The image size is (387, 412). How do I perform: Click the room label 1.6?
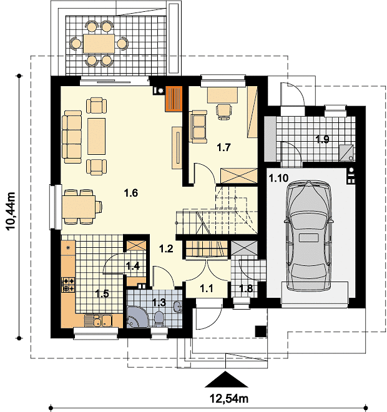click(131, 193)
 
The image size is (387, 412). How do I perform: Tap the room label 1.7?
click(223, 147)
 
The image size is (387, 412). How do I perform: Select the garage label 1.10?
click(278, 178)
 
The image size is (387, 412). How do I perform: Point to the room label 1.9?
click(322, 139)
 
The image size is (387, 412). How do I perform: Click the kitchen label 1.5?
click(102, 293)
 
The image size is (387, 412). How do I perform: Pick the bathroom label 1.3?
click(159, 302)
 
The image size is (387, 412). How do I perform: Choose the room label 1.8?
click(246, 288)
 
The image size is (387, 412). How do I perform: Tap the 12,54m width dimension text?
click(229, 399)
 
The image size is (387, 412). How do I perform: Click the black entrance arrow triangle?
click(226, 379)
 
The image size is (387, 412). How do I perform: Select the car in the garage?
click(309, 235)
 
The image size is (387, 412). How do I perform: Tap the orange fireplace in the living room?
click(174, 99)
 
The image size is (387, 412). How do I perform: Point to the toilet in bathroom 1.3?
click(159, 320)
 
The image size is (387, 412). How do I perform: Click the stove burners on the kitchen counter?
click(68, 285)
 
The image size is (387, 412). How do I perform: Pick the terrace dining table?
click(99, 44)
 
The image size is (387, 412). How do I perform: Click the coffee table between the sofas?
click(96, 136)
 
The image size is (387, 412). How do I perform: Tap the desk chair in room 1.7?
click(224, 112)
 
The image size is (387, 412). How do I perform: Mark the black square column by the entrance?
click(261, 331)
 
